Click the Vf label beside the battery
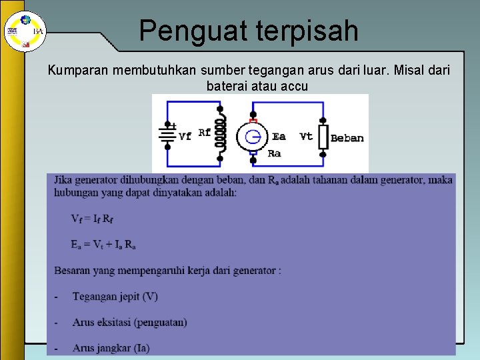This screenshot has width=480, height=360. point(185,136)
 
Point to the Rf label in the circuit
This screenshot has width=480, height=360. point(204,132)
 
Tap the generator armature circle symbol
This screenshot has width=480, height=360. point(253,136)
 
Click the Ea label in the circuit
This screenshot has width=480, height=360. point(279,136)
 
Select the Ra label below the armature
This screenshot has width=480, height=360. point(274,153)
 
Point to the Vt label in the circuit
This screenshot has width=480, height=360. point(306,136)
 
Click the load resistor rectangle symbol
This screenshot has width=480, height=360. point(323,137)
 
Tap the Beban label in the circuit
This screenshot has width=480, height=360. point(347,138)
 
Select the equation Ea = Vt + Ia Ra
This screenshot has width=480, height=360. point(103,245)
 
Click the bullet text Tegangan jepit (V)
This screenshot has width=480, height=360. point(115,296)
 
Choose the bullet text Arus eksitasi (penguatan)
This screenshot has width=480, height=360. point(129,322)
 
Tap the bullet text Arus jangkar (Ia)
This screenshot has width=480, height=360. point(111,347)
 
